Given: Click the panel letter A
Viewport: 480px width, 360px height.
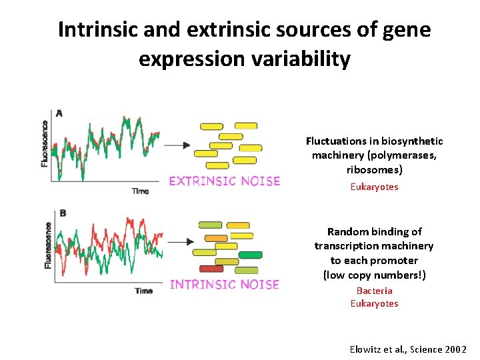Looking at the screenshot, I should tap(59, 113).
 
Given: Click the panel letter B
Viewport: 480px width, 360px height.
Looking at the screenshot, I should tap(63, 213).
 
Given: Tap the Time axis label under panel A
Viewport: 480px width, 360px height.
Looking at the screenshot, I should tap(140, 191).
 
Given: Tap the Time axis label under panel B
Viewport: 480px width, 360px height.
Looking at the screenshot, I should tap(143, 291).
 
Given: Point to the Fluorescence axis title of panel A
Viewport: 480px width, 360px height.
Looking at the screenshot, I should tap(45, 143).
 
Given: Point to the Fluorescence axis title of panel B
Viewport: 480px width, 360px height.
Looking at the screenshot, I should tap(47, 246).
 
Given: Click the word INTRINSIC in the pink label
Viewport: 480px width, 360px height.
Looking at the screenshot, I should tap(204, 285).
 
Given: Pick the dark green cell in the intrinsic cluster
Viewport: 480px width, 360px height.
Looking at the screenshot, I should tap(250, 255).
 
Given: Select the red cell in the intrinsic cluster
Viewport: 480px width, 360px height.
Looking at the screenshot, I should tap(211, 269).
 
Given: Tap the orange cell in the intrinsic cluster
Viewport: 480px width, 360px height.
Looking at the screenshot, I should tap(216, 238).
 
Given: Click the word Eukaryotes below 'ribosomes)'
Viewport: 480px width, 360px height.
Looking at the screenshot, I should tap(374, 187).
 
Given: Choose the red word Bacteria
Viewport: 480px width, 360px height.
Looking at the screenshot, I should tap(374, 291).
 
